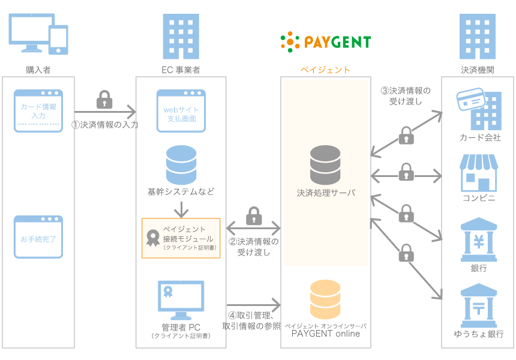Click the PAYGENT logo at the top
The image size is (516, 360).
(x=325, y=41)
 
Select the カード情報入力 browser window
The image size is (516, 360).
(x=38, y=111)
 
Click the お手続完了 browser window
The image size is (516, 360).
(x=38, y=238)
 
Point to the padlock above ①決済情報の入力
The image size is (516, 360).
(x=104, y=100)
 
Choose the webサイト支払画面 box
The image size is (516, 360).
(x=181, y=111)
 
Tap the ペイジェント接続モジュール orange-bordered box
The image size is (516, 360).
(x=181, y=238)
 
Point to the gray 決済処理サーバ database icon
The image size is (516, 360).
(x=325, y=165)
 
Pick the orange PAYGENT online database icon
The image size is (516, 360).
(x=325, y=299)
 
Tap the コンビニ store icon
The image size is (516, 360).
(x=478, y=173)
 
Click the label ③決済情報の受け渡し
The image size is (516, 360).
(x=405, y=96)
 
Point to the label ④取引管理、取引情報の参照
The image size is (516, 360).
(x=252, y=321)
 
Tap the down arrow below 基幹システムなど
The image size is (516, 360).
(x=181, y=209)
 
